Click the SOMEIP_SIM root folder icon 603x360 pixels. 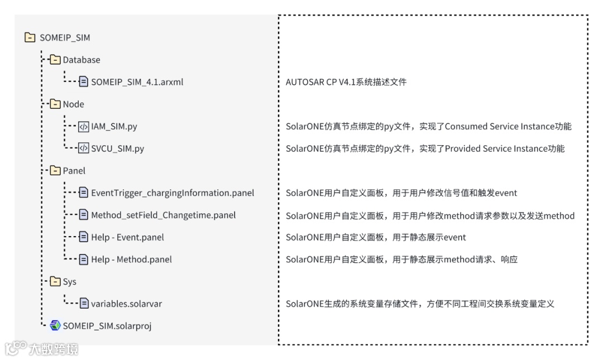point(30,38)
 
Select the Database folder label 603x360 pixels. point(82,60)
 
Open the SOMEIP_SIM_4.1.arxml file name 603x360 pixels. point(137,82)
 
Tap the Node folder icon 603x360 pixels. point(55,104)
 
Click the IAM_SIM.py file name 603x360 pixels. point(114,127)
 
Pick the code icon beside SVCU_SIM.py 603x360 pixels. point(83,148)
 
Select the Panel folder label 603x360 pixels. point(74,171)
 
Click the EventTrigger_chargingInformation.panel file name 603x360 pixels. point(173,193)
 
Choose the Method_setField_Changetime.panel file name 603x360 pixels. point(163,215)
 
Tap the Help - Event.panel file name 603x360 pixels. point(127,237)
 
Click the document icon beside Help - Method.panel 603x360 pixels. point(83,260)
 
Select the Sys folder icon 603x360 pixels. point(55,282)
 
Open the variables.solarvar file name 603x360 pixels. point(126,304)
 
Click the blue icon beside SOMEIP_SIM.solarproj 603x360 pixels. point(55,326)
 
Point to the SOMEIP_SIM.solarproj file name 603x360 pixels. point(107,326)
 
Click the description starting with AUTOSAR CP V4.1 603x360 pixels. point(346,82)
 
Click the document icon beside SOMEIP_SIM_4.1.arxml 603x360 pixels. point(83,82)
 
